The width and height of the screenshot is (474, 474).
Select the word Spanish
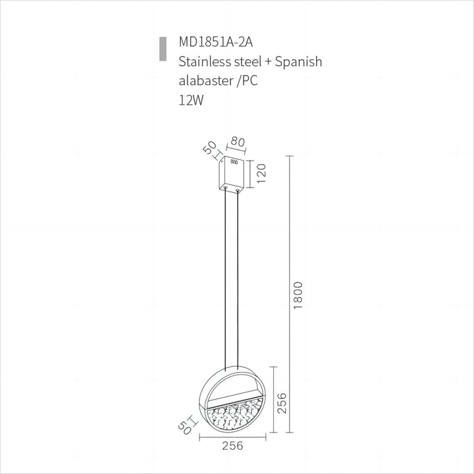click(x=298, y=62)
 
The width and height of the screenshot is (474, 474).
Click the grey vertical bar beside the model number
click(x=162, y=49)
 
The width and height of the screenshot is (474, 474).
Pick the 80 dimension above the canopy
click(x=238, y=141)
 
